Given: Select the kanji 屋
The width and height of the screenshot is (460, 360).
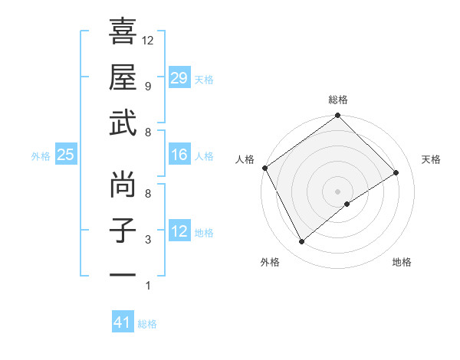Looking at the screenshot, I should click(x=123, y=77).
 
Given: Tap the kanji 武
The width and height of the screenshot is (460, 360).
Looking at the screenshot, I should click(x=123, y=123).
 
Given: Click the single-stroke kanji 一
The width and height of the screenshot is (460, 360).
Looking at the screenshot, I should click(x=123, y=273).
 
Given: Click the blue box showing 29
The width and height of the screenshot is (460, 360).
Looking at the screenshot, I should click(x=179, y=78).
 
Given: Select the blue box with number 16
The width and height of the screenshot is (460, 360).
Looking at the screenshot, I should click(x=179, y=155).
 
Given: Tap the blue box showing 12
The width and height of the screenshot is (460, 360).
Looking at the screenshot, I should click(x=179, y=232).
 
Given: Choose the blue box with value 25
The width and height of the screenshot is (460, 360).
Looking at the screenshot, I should click(x=65, y=155).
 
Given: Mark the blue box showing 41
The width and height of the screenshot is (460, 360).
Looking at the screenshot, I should click(x=123, y=322).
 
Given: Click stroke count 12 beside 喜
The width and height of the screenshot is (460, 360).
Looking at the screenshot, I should click(x=148, y=40).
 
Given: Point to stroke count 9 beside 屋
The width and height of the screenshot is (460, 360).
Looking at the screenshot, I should click(x=147, y=86).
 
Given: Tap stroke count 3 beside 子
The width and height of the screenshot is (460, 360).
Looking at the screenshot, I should click(x=147, y=240).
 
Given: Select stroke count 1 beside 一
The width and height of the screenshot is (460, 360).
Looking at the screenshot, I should click(x=147, y=286).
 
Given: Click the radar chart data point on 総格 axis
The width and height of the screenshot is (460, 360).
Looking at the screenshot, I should click(x=337, y=116).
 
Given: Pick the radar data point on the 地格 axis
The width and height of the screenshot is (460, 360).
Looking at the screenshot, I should click(x=347, y=204).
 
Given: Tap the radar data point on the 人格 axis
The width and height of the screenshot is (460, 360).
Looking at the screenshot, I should click(x=264, y=168).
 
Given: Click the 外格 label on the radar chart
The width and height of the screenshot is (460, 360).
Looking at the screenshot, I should click(x=270, y=263).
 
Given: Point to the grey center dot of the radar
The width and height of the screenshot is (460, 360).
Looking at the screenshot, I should click(x=337, y=190).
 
